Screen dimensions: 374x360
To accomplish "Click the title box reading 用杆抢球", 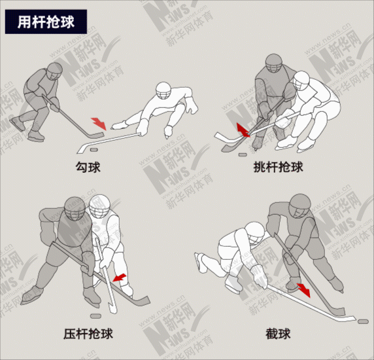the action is point(46,22).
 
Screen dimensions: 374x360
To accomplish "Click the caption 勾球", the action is point(88,167).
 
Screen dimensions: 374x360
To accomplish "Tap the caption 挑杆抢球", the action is point(278,167).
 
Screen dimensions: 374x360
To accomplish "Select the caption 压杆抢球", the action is point(88,334).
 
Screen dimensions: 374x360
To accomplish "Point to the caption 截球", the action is point(278,334).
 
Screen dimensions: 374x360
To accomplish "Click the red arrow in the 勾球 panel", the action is point(99,124).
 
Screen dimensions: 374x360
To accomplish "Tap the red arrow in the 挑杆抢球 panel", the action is point(243,130).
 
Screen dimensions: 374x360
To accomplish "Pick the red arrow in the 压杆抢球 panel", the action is point(119,278).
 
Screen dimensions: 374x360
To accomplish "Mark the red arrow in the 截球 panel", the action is point(303,290).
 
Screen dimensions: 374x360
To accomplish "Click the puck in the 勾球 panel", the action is point(93,150).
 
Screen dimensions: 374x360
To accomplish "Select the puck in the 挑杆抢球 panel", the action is point(243,154).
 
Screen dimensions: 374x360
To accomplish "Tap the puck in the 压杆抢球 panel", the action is point(96,316).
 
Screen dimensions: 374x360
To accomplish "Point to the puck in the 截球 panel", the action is point(364,321).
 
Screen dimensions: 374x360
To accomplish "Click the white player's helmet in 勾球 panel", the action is point(163,91).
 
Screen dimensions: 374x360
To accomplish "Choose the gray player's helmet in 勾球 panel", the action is point(55,71).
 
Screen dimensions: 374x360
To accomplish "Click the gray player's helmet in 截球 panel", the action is point(300,206).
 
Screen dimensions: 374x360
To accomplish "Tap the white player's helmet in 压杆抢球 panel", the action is point(99,206).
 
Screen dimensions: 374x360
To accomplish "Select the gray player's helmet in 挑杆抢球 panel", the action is point(274,63).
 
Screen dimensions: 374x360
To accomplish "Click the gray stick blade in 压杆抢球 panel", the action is point(141,301).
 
